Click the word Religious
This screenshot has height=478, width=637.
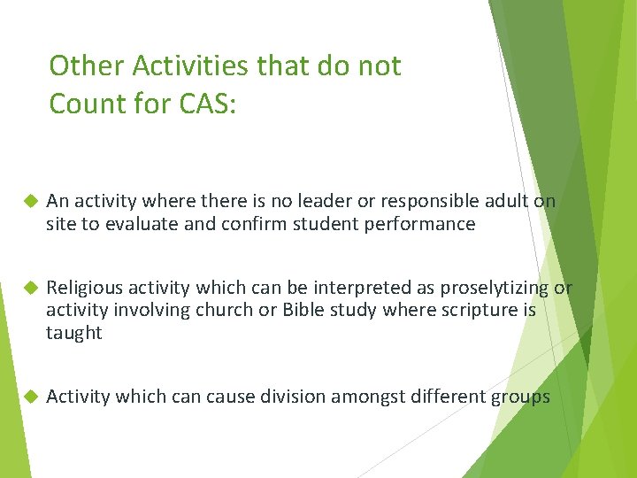point(86,288)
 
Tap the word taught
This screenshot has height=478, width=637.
point(74,334)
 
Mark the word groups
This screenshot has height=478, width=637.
point(519,397)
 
